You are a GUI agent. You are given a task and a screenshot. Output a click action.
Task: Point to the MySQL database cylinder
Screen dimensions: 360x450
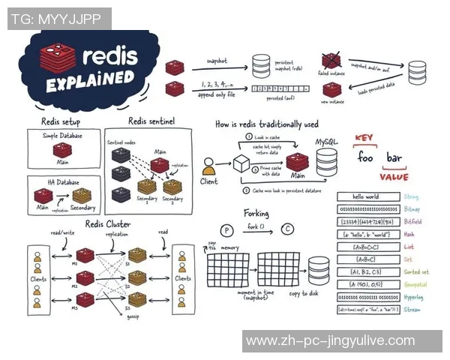coord(328,160)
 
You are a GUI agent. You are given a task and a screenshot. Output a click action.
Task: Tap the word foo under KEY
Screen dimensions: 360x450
coord(365,158)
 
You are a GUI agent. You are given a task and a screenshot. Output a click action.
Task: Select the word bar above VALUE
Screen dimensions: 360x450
coord(394,158)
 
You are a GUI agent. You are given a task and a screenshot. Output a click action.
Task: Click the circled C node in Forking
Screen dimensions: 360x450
coord(286,229)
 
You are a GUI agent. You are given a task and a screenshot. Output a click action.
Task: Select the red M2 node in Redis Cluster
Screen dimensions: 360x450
coord(85,278)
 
